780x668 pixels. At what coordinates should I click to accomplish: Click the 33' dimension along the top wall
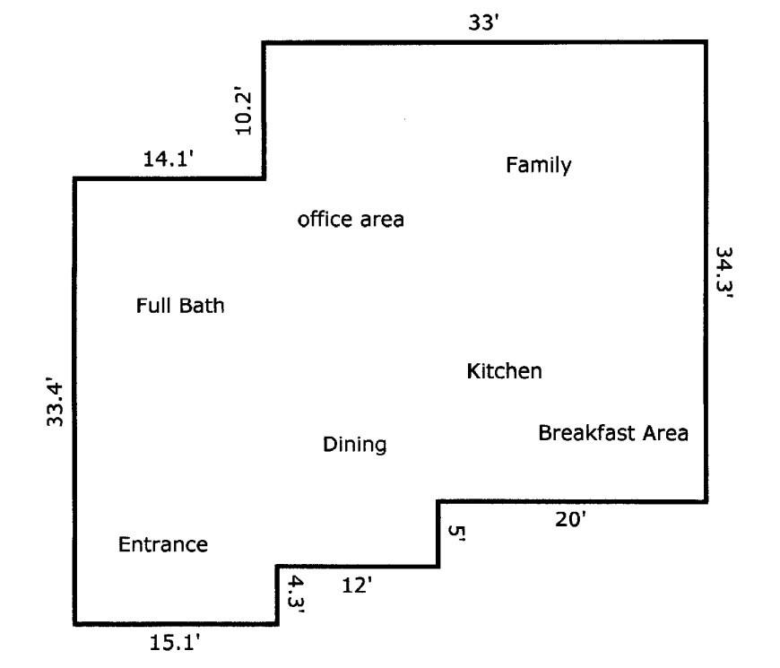click(483, 23)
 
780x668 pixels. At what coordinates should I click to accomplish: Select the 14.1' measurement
click(169, 160)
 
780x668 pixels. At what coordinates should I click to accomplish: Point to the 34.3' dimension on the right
click(724, 273)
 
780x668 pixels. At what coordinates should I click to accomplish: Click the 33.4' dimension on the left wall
click(56, 403)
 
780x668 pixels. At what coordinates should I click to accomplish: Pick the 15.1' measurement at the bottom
click(175, 643)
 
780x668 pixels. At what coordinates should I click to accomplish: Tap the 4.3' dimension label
click(297, 594)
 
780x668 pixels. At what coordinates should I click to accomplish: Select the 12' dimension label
click(357, 586)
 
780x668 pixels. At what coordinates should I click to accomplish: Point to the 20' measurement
click(570, 520)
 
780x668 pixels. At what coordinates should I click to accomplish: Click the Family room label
click(539, 166)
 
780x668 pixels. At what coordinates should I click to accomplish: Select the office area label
click(351, 220)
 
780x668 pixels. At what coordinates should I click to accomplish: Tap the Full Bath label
click(180, 306)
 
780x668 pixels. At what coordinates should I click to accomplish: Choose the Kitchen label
click(505, 371)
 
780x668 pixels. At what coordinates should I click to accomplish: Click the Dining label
click(355, 445)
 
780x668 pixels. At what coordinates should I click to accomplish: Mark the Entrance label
click(163, 544)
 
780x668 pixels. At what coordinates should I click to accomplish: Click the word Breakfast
click(586, 433)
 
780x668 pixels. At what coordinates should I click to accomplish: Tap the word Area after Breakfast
click(665, 433)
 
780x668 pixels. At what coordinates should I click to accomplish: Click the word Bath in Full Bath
click(202, 306)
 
